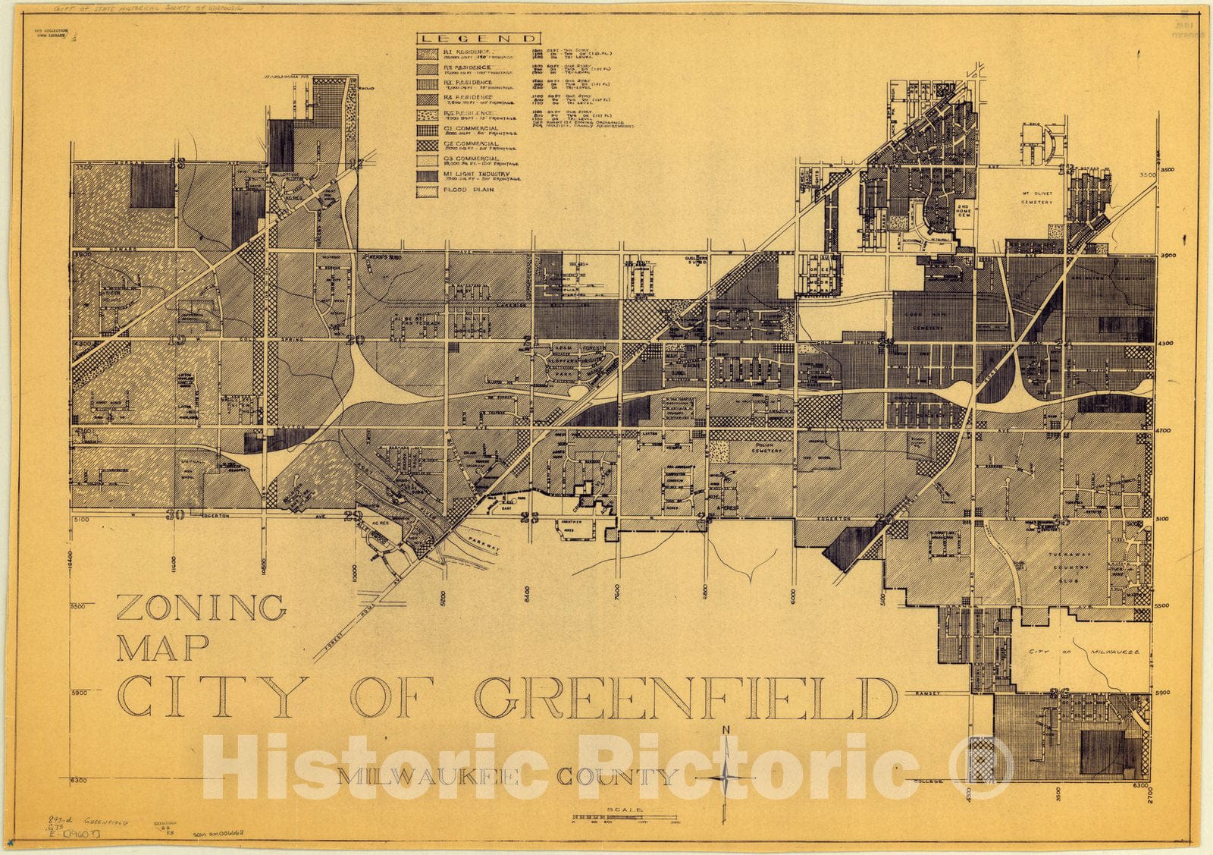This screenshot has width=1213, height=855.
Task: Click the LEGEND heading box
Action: click(x=478, y=39)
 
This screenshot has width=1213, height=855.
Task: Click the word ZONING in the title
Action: click(x=202, y=608)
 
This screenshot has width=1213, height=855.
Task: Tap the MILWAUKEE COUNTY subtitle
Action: click(x=506, y=777)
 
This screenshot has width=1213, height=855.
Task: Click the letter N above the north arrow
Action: click(x=726, y=730)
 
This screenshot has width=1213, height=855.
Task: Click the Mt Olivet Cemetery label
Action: click(x=1036, y=198)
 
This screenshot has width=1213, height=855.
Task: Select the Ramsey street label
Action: click(x=927, y=693)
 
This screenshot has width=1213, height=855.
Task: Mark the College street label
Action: click(x=928, y=781)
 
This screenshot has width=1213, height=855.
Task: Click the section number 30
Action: click(x=176, y=514)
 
